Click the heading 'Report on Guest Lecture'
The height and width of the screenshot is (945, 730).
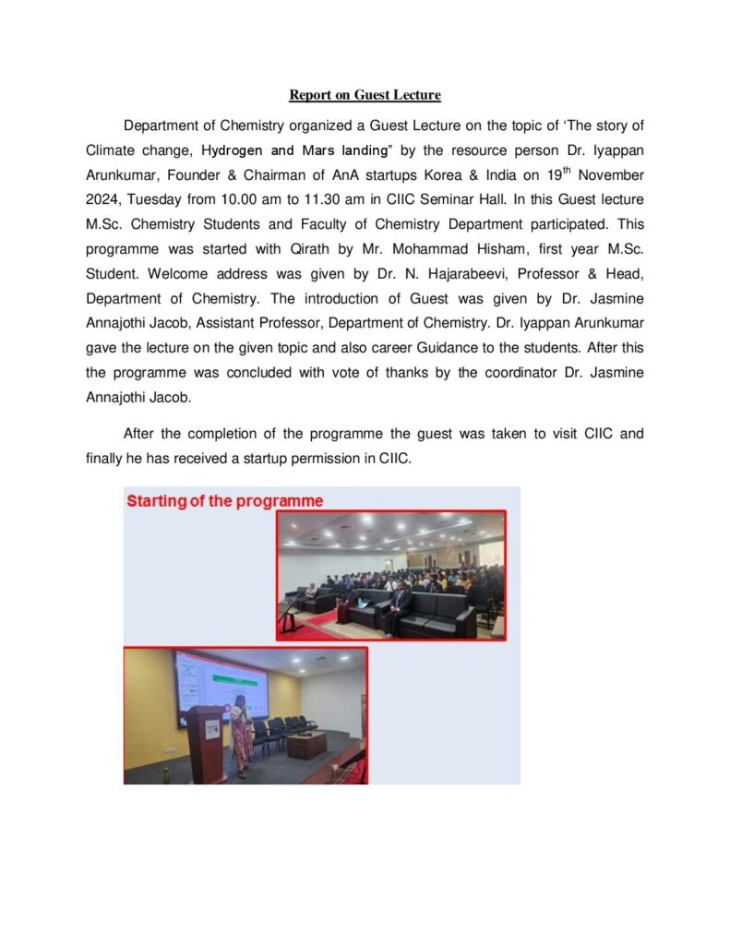click(x=365, y=95)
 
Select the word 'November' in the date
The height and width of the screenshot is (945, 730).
click(x=613, y=174)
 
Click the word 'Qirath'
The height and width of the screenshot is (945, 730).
click(x=347, y=249)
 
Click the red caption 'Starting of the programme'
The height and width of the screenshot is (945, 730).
click(x=224, y=501)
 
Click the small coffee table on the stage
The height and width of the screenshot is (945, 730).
click(x=305, y=744)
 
